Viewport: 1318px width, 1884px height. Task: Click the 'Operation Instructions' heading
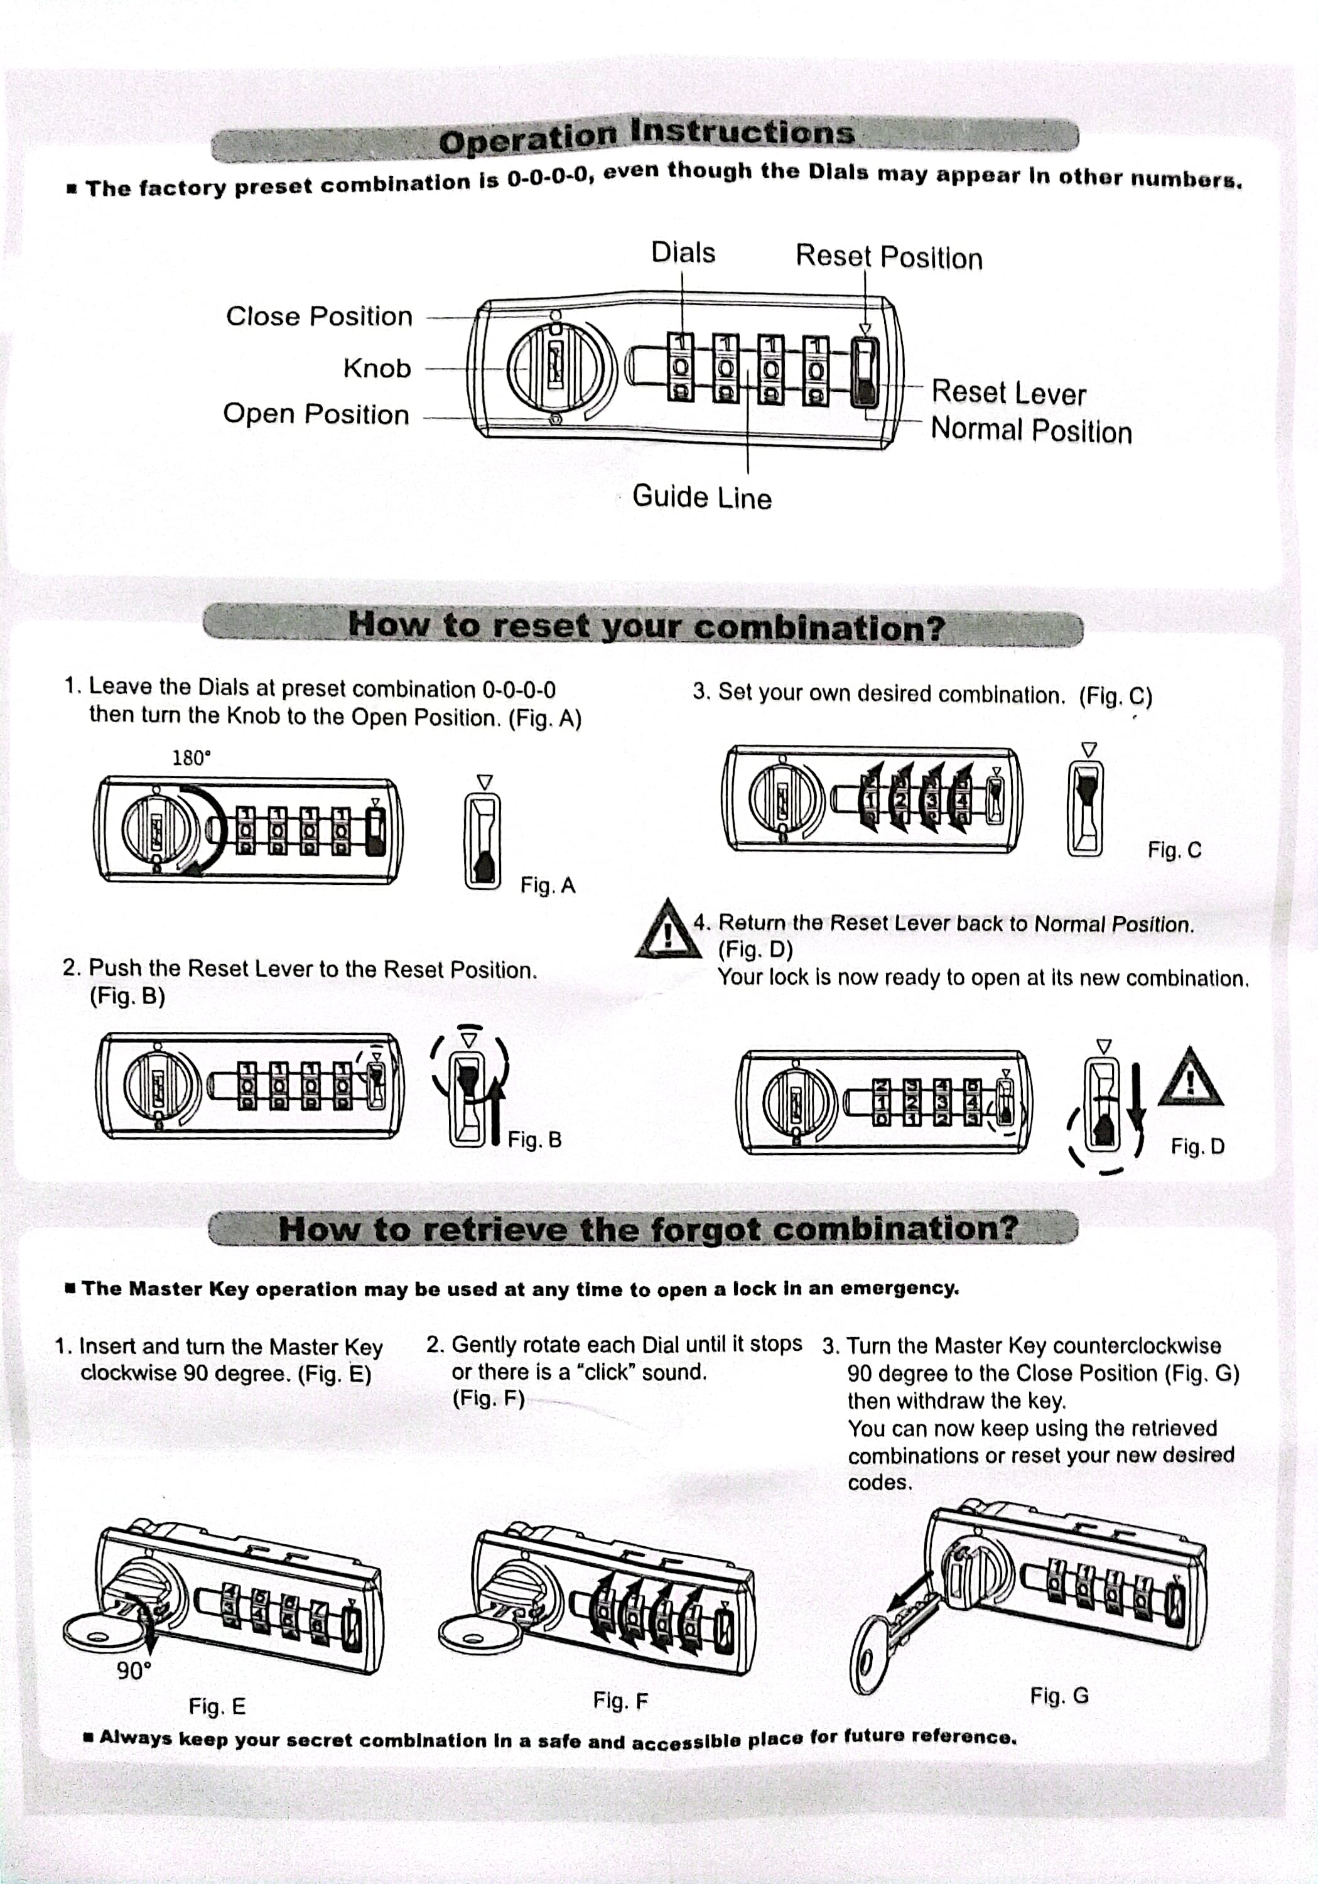646,136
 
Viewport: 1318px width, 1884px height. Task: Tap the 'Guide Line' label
701,497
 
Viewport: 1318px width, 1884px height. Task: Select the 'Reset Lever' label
1008,393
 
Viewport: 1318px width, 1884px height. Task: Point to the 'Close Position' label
319,316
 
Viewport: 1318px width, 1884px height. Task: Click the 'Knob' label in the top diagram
377,369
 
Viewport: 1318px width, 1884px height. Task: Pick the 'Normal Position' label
1031,431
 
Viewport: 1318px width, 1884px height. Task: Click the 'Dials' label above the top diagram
683,252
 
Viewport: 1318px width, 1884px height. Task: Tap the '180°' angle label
192,757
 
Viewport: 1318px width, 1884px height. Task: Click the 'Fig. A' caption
548,885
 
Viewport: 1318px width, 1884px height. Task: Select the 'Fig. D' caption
1197,1146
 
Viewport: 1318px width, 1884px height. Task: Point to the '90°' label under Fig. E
133,1670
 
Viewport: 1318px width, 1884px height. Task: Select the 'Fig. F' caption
620,1700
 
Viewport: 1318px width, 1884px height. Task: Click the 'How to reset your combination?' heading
646,627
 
